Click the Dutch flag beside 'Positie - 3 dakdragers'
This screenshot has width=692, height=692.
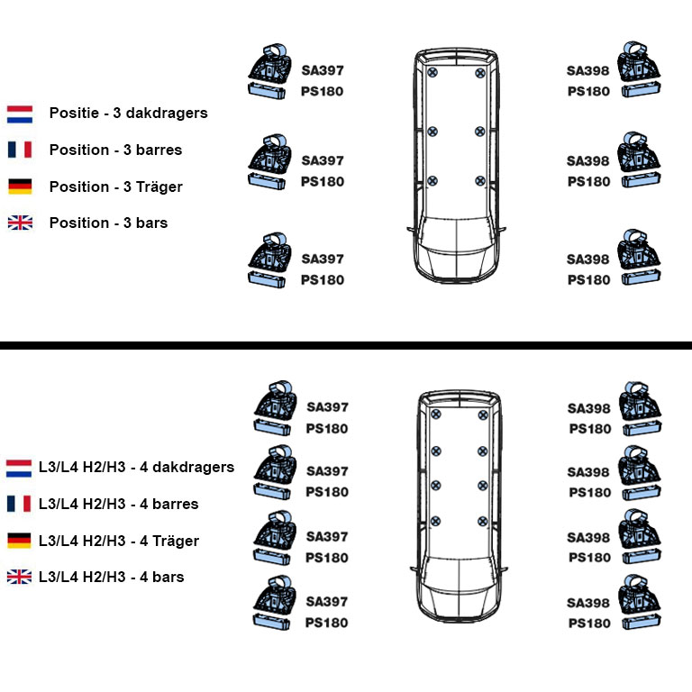[20, 114]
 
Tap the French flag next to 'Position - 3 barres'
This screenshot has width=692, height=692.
[20, 150]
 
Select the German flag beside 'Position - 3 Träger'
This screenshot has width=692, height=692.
[20, 187]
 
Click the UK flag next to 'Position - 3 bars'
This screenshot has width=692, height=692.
[20, 223]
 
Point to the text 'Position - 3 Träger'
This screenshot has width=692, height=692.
[115, 187]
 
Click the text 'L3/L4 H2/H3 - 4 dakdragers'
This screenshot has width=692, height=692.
[136, 467]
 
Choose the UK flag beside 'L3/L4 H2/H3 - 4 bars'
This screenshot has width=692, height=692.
[19, 577]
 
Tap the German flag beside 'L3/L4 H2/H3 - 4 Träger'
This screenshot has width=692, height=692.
[19, 541]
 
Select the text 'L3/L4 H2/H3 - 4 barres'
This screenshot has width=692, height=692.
[118, 504]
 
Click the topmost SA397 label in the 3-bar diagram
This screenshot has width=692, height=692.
[322, 70]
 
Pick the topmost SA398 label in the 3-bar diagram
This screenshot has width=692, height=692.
[587, 70]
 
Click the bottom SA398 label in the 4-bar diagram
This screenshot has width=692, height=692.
[587, 602]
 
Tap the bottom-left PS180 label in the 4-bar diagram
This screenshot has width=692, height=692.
[326, 623]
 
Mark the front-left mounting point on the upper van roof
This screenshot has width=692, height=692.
[432, 180]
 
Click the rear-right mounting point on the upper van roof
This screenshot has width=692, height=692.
[479, 72]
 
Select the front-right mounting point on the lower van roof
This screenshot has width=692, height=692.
[483, 520]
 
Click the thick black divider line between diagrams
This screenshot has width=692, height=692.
[346, 345]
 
